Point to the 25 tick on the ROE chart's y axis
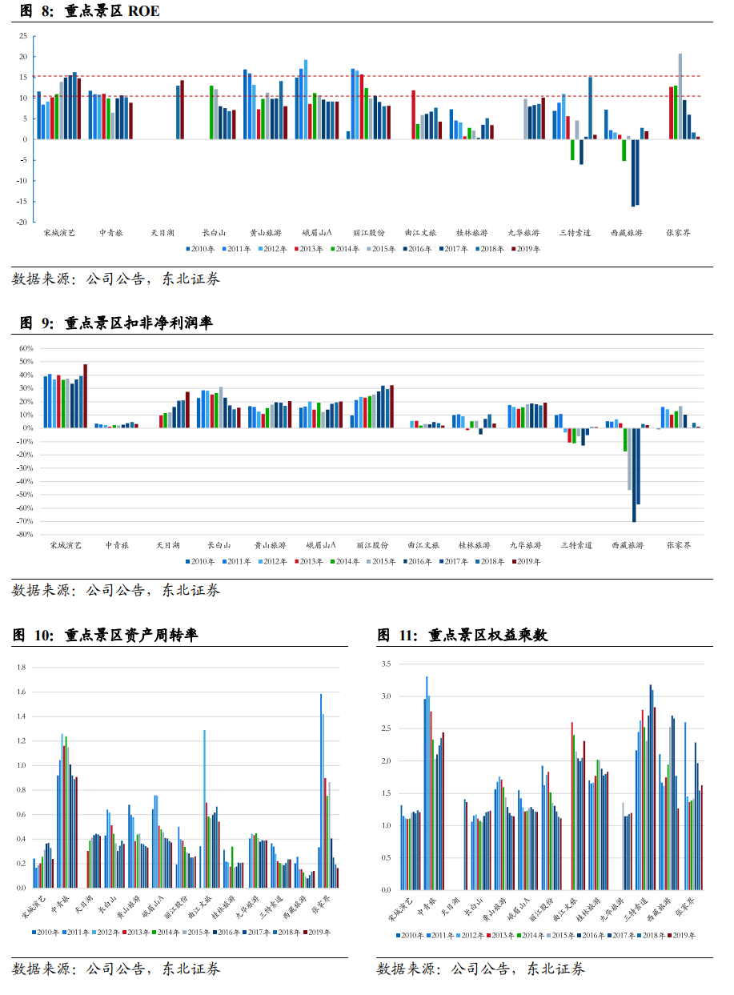click(23, 36)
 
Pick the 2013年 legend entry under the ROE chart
click(308, 249)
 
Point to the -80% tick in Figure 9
click(23, 534)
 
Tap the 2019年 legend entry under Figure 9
click(526, 561)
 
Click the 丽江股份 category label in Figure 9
click(370, 545)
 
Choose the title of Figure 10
click(105, 636)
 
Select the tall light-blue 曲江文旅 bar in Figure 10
click(204, 808)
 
